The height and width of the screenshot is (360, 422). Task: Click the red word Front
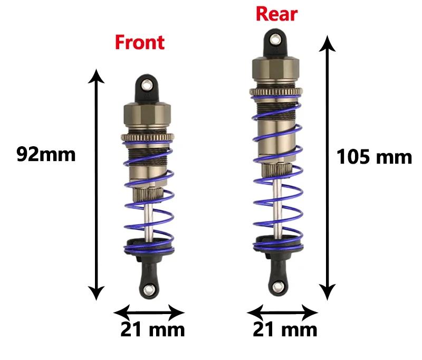(x=139, y=42)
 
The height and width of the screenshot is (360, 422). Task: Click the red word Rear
(x=276, y=14)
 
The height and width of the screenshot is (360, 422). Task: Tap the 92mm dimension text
(x=46, y=154)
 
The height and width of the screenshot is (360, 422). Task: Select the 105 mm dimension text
(x=374, y=157)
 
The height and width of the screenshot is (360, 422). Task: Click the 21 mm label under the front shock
(x=152, y=330)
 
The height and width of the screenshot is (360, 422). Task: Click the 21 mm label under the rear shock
(x=285, y=330)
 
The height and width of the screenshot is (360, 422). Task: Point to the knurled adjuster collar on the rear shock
(x=276, y=93)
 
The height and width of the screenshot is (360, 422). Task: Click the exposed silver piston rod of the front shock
(x=149, y=222)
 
